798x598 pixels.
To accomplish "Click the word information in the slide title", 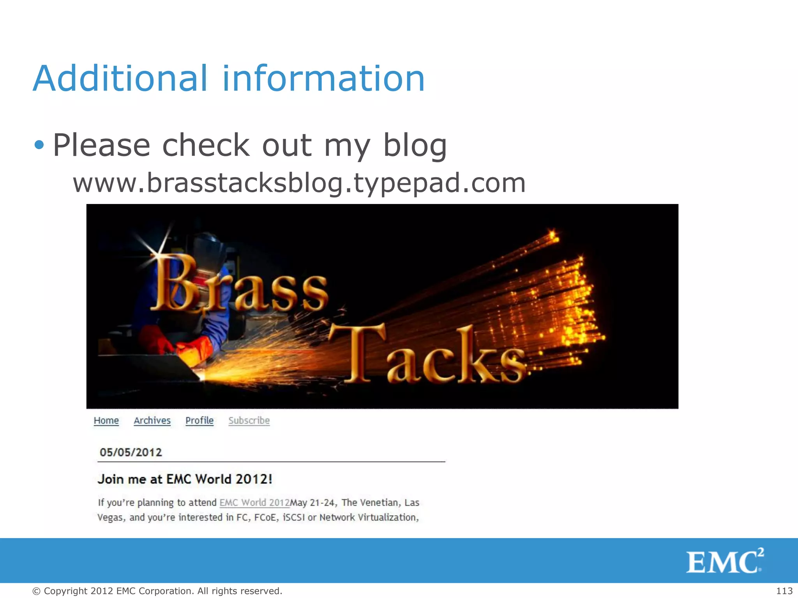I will click(323, 79).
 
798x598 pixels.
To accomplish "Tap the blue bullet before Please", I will click(39, 145).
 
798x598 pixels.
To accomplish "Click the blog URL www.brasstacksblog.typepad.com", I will click(299, 183).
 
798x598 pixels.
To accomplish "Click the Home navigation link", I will click(106, 420).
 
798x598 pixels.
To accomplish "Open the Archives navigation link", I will click(152, 420).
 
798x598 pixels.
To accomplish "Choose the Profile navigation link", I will click(199, 420).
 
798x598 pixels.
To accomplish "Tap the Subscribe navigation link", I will click(249, 420).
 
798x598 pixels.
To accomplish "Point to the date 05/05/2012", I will click(131, 452).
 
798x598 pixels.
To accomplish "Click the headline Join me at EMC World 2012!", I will click(185, 479).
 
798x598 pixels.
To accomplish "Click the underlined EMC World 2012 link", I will click(254, 503).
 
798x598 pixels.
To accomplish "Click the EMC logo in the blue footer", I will click(724, 561).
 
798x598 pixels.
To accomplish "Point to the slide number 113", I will click(784, 591).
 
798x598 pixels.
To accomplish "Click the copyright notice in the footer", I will click(157, 591).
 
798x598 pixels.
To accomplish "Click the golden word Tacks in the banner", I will click(429, 354).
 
